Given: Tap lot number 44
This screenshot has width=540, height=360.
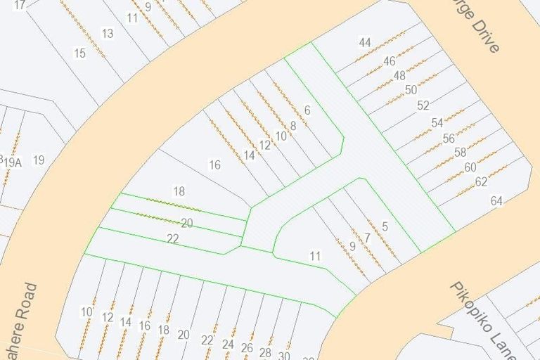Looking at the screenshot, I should coord(364,43).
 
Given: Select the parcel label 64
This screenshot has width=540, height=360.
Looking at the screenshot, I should coord(496,201).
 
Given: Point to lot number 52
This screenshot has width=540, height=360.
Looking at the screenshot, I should coord(423,105).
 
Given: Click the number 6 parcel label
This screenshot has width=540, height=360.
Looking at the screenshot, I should coord(307,110).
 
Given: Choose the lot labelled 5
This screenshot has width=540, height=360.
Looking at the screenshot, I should coord(385,226).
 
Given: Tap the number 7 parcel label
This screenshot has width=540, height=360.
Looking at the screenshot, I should coord(367,238).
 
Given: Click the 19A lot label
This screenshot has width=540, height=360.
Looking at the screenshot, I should coord(13,162).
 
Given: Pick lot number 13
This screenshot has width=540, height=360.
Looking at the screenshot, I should coord(108,33).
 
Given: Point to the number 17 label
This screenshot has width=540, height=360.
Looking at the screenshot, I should coord(19,5).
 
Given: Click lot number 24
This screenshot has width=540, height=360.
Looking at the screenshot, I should coord(228,345).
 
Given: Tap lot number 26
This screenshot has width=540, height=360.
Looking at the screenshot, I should coord(247,348).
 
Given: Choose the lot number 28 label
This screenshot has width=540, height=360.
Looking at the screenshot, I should coord(265,352).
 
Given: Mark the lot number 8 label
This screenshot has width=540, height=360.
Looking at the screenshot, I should coord(293,127).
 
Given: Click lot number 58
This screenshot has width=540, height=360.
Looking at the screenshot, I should coord(460,152).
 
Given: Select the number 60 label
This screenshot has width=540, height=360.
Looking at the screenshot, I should coord(470,167).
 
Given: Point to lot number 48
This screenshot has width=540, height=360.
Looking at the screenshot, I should coord(399,75).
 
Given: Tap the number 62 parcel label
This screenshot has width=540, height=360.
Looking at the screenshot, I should coord(481,181).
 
